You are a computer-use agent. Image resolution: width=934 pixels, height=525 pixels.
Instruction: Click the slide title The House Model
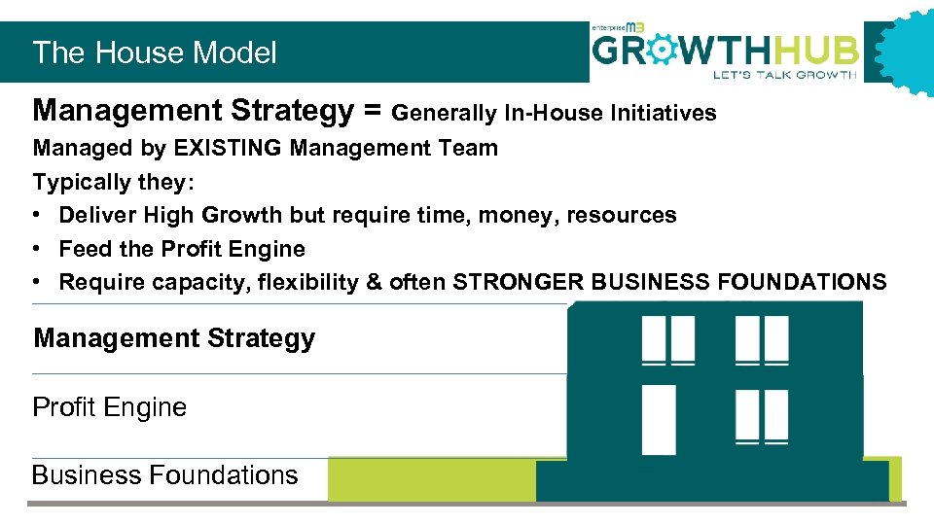(x=155, y=52)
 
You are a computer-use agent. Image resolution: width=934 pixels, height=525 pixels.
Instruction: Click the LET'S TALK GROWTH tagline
(x=784, y=74)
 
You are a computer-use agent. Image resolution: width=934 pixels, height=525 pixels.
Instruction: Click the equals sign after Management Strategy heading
(x=373, y=112)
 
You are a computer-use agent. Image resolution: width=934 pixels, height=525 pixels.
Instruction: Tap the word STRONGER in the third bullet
(x=519, y=282)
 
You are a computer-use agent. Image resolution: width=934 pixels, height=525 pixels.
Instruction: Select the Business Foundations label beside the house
(x=165, y=475)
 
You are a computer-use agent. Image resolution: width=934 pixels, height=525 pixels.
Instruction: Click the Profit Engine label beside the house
(x=109, y=406)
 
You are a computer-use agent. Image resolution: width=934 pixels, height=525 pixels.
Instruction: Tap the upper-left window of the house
(x=667, y=339)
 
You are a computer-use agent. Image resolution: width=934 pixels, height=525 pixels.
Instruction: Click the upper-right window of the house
(x=762, y=339)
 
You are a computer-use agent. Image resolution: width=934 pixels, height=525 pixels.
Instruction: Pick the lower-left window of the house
(x=659, y=419)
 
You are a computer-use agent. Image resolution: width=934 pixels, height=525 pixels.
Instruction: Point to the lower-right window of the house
(x=762, y=417)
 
